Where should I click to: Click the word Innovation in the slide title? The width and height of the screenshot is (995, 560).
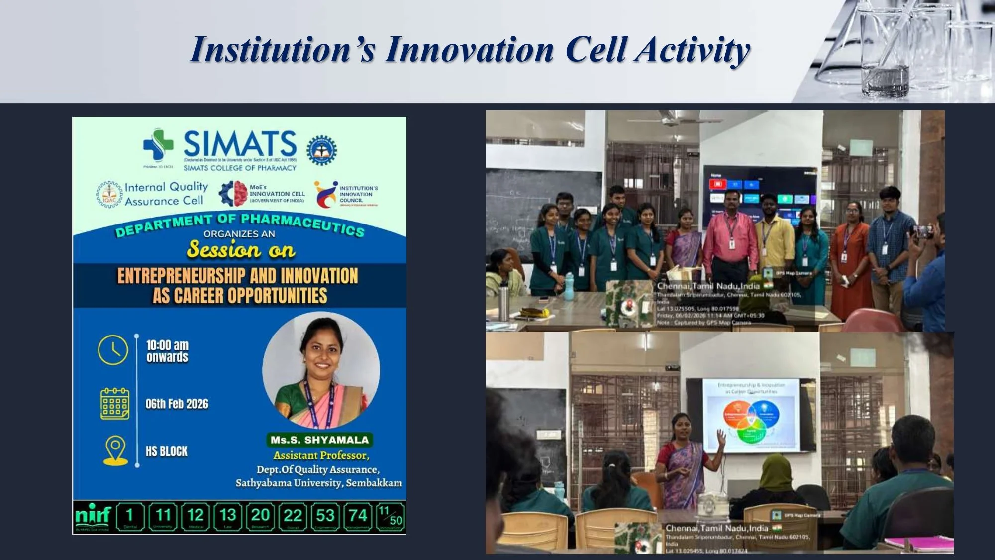[469, 50]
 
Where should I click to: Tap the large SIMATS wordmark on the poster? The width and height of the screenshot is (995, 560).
[240, 144]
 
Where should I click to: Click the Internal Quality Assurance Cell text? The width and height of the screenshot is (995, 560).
[166, 194]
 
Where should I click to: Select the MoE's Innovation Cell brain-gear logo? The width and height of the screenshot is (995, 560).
[233, 194]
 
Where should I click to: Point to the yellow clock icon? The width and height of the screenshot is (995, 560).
[113, 350]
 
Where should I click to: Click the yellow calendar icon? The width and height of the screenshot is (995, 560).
[114, 404]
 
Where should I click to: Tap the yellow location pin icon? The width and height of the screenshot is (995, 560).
[115, 450]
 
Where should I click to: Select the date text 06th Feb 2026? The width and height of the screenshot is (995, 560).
[177, 404]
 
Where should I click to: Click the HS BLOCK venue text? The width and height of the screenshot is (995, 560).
[166, 451]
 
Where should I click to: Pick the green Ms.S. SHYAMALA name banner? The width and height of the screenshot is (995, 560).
[320, 440]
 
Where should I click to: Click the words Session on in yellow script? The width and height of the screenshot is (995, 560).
[241, 249]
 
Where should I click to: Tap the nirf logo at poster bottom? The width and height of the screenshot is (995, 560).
[93, 515]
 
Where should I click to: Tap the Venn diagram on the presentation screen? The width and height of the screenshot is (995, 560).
[751, 421]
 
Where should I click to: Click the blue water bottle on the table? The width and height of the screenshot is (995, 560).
[569, 286]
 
